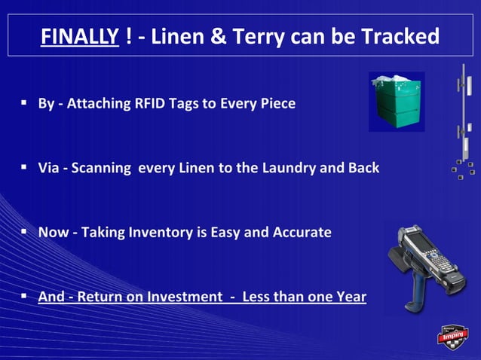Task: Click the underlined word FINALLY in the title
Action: (79, 36)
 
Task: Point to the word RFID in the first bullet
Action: (150, 103)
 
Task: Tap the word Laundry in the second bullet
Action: (289, 168)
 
